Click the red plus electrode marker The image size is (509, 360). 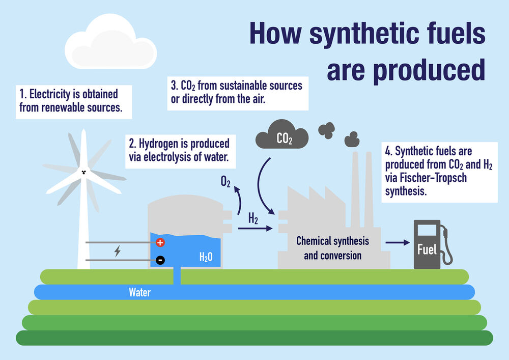point(161,242)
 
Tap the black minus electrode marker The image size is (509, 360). point(161,260)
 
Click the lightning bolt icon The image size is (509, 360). point(118,251)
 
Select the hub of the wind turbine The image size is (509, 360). point(82,172)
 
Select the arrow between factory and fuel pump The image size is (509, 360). point(398,243)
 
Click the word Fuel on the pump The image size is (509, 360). point(426,250)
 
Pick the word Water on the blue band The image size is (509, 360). point(139,292)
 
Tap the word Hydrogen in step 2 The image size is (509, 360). point(162,144)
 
